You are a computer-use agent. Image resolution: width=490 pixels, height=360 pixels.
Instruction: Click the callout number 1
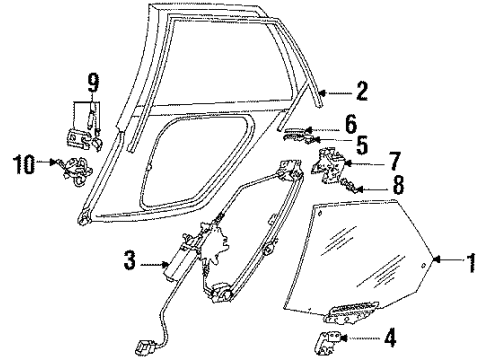(x=471, y=263)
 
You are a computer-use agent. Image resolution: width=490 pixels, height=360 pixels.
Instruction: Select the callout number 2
(x=361, y=91)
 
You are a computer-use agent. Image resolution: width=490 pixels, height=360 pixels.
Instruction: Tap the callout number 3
(x=130, y=260)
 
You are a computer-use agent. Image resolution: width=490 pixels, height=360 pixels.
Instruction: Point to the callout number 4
(x=390, y=337)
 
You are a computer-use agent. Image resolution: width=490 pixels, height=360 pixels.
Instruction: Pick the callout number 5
(x=361, y=145)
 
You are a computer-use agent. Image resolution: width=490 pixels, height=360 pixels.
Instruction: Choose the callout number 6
(x=351, y=124)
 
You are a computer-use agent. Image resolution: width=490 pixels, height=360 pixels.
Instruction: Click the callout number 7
(x=394, y=161)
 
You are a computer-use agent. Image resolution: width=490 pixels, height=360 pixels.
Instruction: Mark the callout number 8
(x=398, y=185)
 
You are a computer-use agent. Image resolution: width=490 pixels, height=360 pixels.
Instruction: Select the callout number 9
(x=92, y=83)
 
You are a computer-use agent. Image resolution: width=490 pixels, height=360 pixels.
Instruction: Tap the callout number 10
(x=24, y=164)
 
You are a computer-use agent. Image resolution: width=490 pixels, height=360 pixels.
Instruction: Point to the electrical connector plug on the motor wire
(x=144, y=348)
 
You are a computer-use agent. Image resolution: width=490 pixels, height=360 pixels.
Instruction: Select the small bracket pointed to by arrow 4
(x=328, y=343)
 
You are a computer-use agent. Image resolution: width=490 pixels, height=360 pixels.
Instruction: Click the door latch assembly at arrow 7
(x=327, y=165)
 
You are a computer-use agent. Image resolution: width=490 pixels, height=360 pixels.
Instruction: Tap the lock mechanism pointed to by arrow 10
(x=76, y=172)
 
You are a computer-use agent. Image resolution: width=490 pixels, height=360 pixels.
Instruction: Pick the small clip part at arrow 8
(x=348, y=185)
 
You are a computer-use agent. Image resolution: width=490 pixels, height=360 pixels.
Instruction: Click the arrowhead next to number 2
(x=322, y=93)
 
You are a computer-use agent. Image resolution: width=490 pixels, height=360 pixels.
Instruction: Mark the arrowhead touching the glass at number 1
(x=437, y=259)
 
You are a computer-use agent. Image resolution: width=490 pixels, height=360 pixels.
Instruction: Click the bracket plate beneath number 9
(x=77, y=138)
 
